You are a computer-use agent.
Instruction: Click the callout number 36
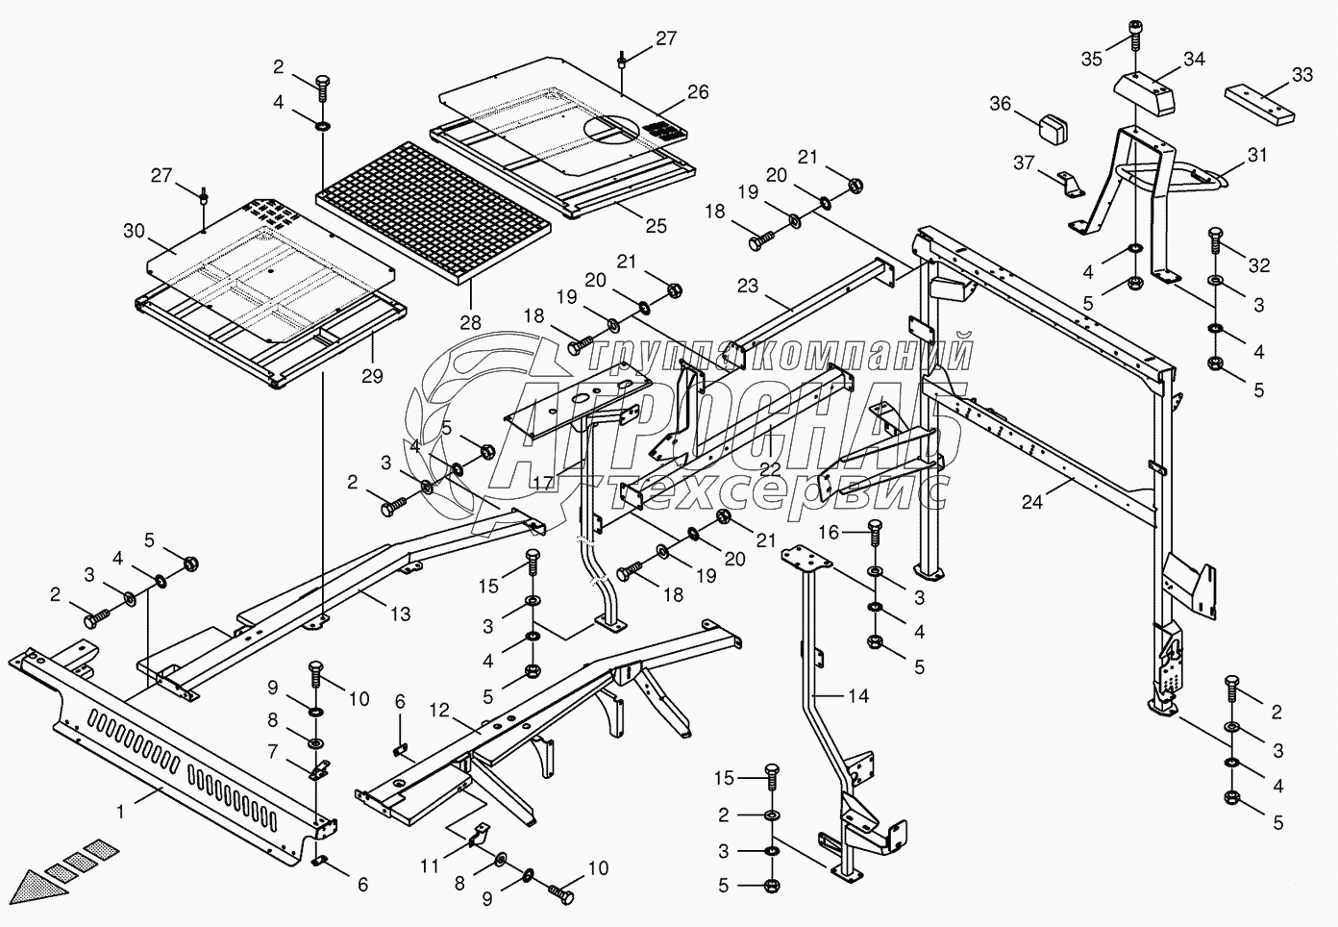pos(1001,104)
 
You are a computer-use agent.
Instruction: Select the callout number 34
pos(1194,60)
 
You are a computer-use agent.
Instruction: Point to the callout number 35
pos(1092,60)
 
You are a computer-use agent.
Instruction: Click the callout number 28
pos(471,323)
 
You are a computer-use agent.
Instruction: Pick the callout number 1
pos(121,812)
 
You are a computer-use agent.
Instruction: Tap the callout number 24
pos(1032,502)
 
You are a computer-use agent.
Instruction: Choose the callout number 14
pos(859,695)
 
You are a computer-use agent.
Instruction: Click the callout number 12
pos(439,710)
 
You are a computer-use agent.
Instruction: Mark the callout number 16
pos(829,532)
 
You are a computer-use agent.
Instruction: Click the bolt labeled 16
pos(875,533)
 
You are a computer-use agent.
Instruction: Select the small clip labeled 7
pos(319,769)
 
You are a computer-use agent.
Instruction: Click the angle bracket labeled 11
pos(480,835)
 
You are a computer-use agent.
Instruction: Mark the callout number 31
pos(1257,156)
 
